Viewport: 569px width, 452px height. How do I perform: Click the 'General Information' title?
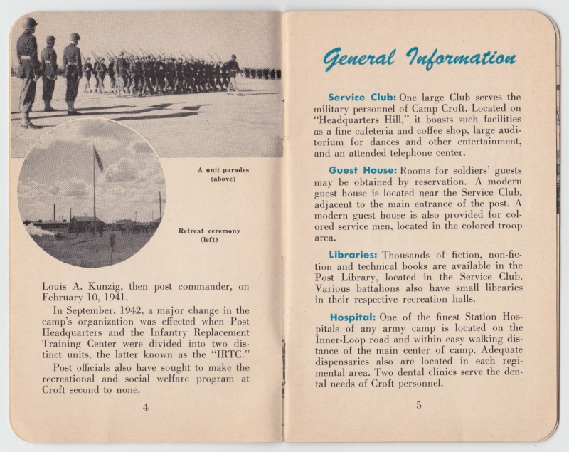(419, 58)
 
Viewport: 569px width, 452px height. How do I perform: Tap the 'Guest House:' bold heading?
(362, 170)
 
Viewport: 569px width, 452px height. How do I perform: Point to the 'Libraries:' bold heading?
(354, 254)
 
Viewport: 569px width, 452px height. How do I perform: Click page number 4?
(146, 407)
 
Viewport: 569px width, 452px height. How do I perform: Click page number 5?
(419, 405)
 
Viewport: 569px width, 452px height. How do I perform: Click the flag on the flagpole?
(98, 160)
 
